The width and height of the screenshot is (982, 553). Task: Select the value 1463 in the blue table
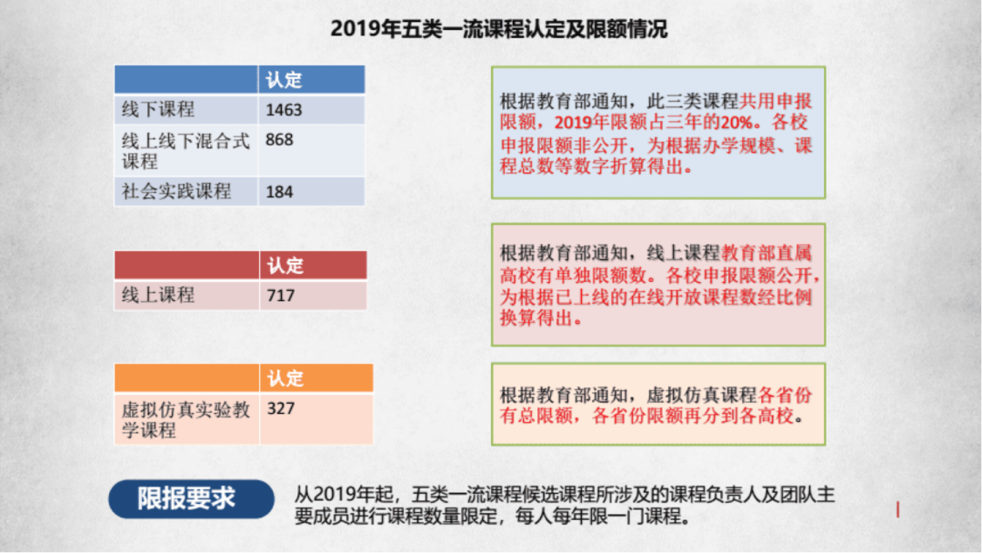coord(284,110)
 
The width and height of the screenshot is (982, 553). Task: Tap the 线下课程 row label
coord(158,110)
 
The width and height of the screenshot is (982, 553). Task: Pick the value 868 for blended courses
coord(280,141)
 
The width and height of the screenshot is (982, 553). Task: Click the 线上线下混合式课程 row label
coord(185,151)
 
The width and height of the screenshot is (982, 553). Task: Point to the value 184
coord(280,192)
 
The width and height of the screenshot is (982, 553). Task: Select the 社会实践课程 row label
coord(176,192)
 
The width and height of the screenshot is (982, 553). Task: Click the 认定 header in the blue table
coord(284,80)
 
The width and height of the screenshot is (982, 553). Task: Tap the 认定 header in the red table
coord(285,266)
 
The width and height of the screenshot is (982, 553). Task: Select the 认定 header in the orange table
coord(285,378)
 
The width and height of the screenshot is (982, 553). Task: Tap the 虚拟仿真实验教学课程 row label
coord(185,419)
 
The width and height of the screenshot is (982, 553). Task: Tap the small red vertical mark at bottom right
coord(898,510)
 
